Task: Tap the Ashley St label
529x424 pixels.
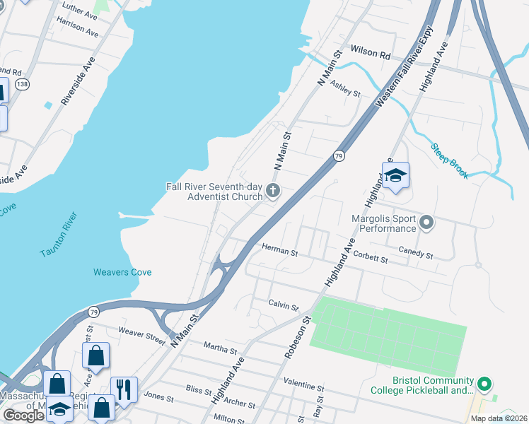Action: coord(347,88)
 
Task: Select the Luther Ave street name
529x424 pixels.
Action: coord(80,14)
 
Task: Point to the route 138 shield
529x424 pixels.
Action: coord(23,84)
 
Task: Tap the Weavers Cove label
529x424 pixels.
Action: coord(122,272)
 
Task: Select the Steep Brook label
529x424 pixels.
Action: coord(450,161)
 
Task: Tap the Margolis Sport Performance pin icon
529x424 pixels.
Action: coord(426,223)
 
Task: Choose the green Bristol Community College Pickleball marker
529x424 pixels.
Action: coord(484,385)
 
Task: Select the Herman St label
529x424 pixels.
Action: coord(280,248)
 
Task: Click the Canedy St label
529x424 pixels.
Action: coord(415,252)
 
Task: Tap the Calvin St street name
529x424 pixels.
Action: coord(284,304)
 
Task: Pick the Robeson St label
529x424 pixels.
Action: coord(297,337)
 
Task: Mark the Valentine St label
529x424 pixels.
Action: coord(303,387)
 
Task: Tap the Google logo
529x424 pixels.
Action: coord(23,416)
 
